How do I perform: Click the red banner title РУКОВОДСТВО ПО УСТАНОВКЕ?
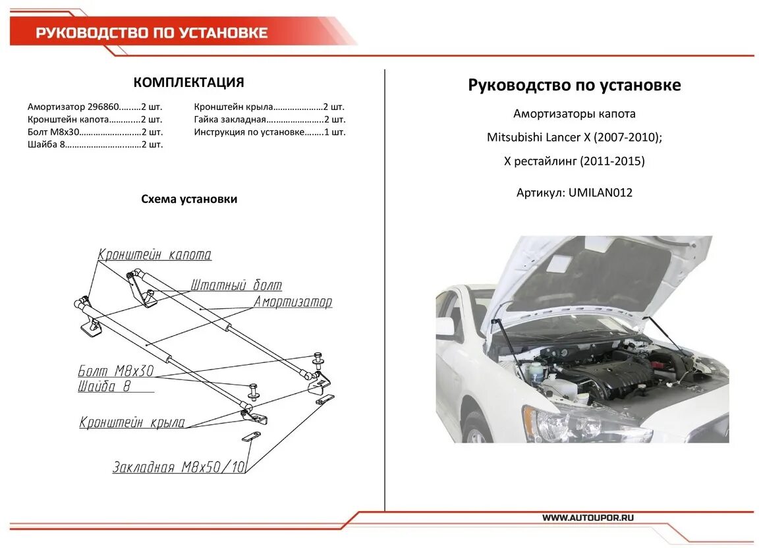click(152, 33)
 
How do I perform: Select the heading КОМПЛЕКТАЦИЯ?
click(188, 82)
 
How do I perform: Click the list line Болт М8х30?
click(95, 132)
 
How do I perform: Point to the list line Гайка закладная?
click(269, 119)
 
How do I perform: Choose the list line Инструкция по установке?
click(269, 132)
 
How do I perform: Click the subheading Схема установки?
click(188, 199)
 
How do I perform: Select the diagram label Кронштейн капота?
click(155, 255)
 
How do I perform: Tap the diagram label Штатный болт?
click(236, 285)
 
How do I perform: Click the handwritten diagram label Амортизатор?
click(293, 302)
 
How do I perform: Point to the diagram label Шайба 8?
click(104, 387)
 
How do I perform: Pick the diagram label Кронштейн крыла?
click(132, 423)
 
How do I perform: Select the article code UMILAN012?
click(600, 193)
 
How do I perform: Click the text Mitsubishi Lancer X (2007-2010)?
click(573, 138)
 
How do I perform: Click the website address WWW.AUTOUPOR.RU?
click(588, 518)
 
